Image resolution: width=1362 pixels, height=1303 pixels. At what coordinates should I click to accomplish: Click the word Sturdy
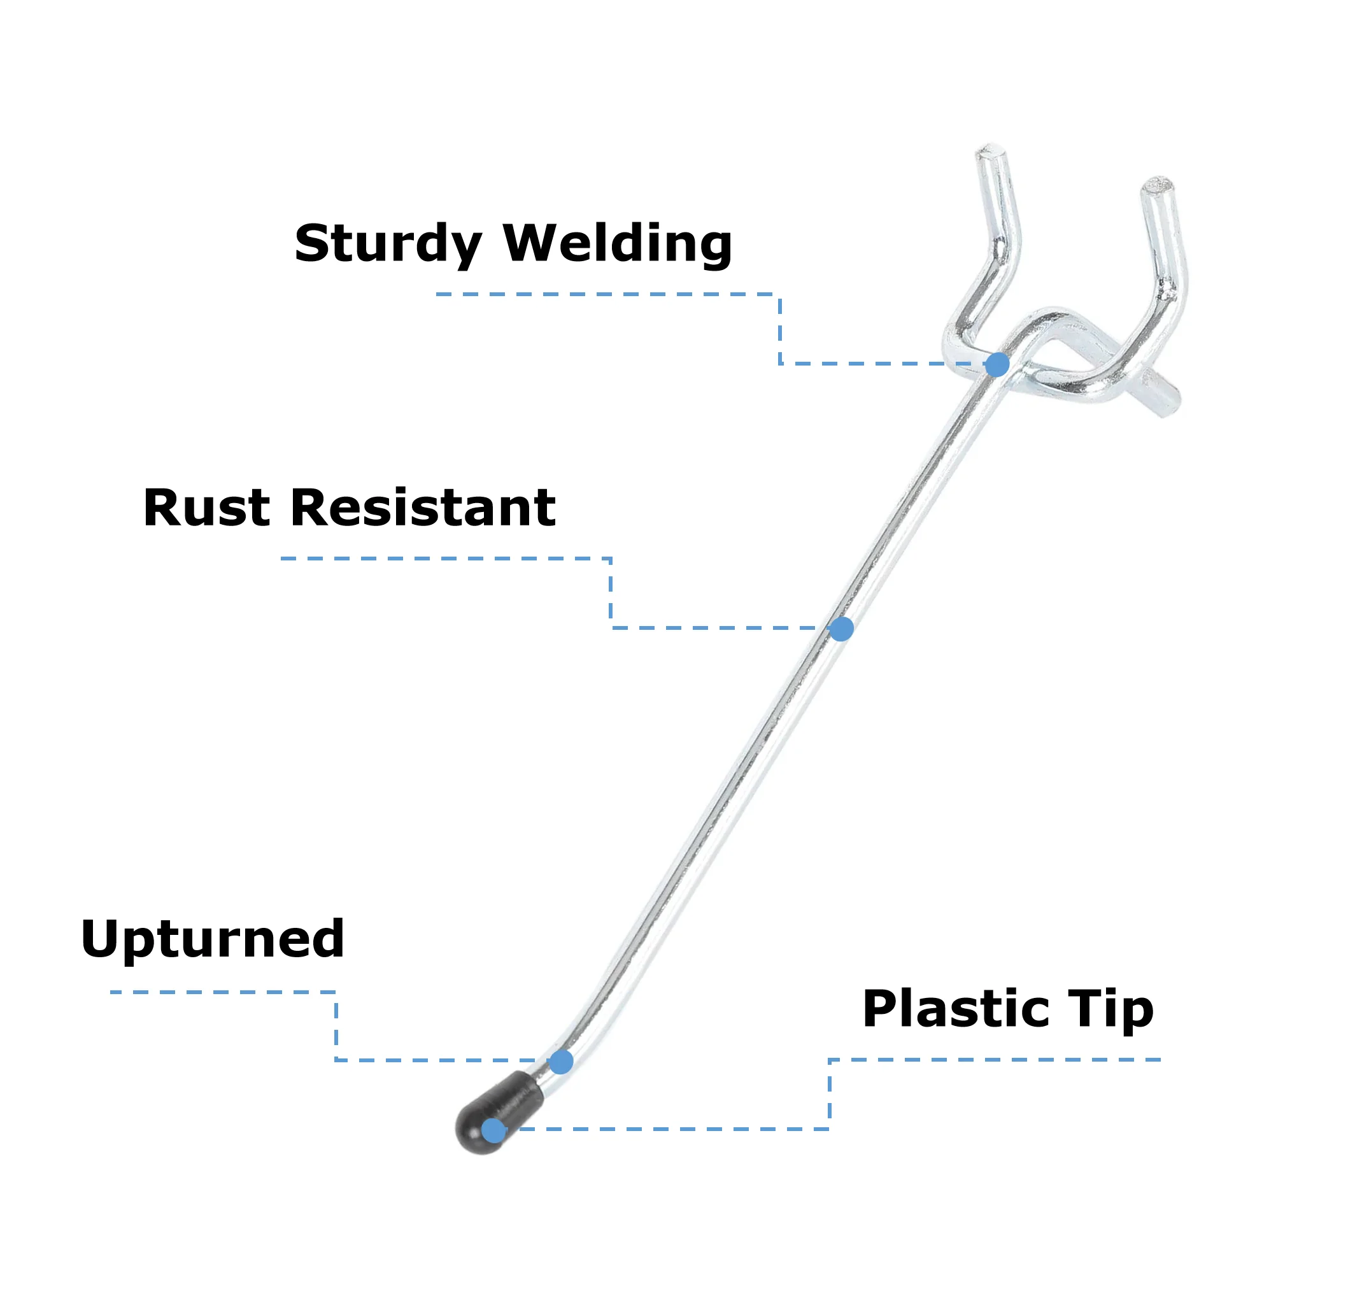pyautogui.click(x=387, y=244)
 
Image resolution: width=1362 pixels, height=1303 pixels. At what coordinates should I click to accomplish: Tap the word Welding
pyautogui.click(x=617, y=244)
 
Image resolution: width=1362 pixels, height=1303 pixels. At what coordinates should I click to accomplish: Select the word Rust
pyautogui.click(x=206, y=508)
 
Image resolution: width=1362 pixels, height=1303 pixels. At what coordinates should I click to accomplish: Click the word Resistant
pyautogui.click(x=423, y=508)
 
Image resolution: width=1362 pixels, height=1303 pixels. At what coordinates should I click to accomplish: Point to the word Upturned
pyautogui.click(x=213, y=939)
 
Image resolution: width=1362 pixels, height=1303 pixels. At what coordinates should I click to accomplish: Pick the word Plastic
pyautogui.click(x=956, y=1009)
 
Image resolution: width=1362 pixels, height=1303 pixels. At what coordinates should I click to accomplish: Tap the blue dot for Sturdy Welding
pyautogui.click(x=997, y=364)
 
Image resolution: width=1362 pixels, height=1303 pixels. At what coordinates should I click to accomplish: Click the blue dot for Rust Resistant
pyautogui.click(x=841, y=629)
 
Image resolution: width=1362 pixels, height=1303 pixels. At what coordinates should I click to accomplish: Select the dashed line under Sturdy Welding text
pyautogui.click(x=604, y=294)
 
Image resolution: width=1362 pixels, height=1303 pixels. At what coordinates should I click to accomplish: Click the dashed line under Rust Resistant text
pyautogui.click(x=444, y=559)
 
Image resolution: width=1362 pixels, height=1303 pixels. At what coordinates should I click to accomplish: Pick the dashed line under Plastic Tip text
pyautogui.click(x=993, y=1060)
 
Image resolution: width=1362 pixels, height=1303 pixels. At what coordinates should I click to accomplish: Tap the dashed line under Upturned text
pyautogui.click(x=222, y=992)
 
